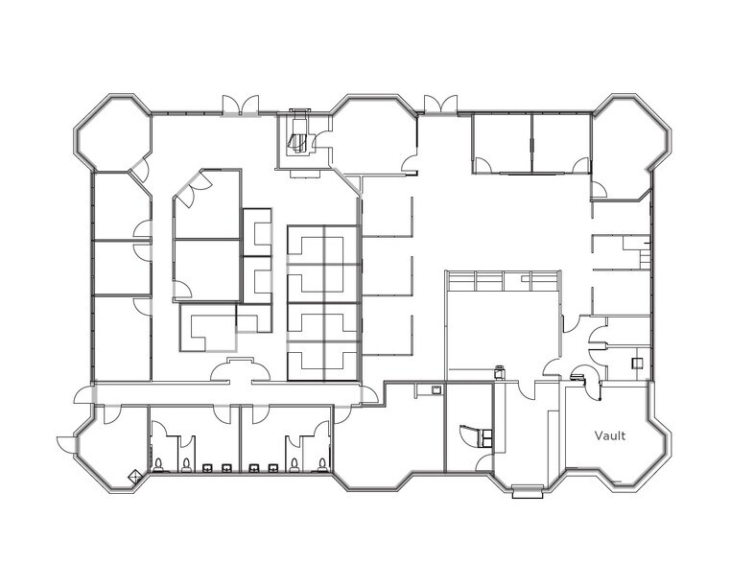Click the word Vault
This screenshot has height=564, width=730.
(x=610, y=435)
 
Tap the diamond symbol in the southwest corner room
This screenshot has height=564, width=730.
(x=134, y=476)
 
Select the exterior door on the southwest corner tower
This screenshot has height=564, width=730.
(x=65, y=444)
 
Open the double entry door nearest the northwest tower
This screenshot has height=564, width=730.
(x=240, y=106)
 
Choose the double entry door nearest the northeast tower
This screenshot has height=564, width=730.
(x=440, y=105)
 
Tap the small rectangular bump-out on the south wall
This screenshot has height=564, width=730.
(x=528, y=492)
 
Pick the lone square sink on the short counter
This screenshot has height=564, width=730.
(x=436, y=390)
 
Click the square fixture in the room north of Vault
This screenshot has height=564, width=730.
(x=637, y=363)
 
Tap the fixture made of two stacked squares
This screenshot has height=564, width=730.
(x=486, y=438)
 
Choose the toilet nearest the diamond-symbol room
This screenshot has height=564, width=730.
(x=158, y=465)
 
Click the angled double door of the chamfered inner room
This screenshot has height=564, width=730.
(x=192, y=188)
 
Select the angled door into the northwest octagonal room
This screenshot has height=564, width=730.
(x=140, y=170)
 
